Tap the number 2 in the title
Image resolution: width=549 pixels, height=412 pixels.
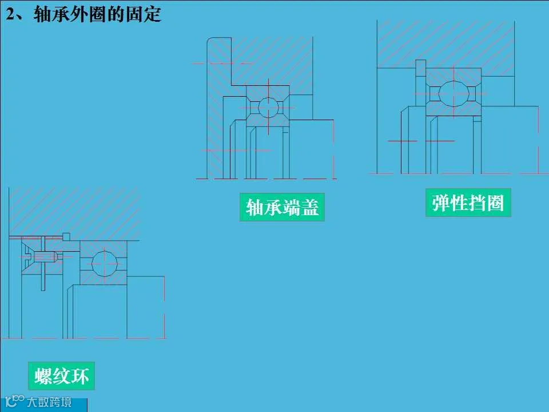pyautogui.click(x=10, y=14)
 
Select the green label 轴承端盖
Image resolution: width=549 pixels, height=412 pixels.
pyautogui.click(x=282, y=207)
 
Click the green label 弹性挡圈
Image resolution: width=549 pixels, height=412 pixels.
pyautogui.click(x=468, y=203)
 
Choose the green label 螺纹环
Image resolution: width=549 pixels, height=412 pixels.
pyautogui.click(x=62, y=377)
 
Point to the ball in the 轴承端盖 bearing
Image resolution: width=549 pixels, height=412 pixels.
pyautogui.click(x=267, y=107)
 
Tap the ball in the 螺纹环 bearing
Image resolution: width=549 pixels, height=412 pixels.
pyautogui.click(x=104, y=263)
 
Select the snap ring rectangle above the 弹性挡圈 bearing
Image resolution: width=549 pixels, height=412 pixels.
pyautogui.click(x=421, y=67)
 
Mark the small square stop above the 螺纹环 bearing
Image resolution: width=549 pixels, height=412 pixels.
pyautogui.click(x=66, y=236)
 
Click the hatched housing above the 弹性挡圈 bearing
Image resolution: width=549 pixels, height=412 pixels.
pyautogui.click(x=446, y=43)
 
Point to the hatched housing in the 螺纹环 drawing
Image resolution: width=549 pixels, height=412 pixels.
pyautogui.click(x=74, y=212)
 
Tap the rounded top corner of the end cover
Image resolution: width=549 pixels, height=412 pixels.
pyautogui.click(x=212, y=42)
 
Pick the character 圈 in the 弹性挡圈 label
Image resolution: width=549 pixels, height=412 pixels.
pyautogui.click(x=495, y=203)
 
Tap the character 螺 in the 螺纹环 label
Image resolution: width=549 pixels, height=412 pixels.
pyautogui.click(x=43, y=377)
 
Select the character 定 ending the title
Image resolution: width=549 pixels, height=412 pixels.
pyautogui.click(x=153, y=14)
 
